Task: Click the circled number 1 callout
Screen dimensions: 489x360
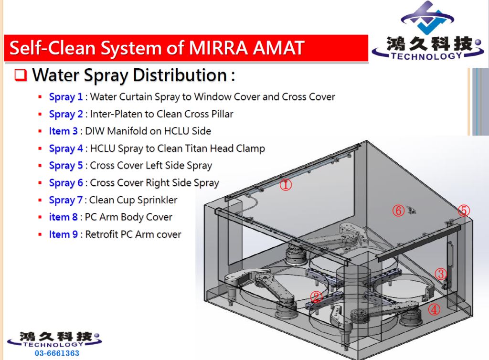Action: [286, 184]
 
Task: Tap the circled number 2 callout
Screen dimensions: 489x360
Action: [316, 296]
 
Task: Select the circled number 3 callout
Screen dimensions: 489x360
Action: [441, 274]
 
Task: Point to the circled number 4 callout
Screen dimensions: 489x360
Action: [434, 309]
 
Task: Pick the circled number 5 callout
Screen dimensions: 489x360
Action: [464, 211]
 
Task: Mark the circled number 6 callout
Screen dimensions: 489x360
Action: [398, 211]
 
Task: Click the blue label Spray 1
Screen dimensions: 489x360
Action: [66, 97]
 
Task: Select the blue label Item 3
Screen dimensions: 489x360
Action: [64, 131]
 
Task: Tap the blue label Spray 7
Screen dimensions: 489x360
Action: [66, 200]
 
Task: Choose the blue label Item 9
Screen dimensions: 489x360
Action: [64, 234]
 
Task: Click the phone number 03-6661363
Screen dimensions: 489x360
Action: [57, 353]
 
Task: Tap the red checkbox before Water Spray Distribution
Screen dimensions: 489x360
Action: [21, 75]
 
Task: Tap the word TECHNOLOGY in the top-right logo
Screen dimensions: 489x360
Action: [426, 56]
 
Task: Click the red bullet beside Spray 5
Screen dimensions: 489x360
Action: [40, 166]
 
